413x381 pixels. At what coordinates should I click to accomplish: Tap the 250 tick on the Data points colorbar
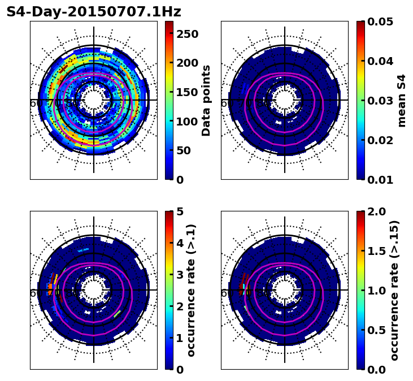(x=186, y=34)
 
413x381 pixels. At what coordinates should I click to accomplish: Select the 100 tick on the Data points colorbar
(x=186, y=122)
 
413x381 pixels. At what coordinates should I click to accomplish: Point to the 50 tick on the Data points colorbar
(x=183, y=150)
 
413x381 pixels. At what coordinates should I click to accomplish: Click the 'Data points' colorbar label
(x=206, y=100)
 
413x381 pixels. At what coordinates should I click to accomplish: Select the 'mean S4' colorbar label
(x=402, y=100)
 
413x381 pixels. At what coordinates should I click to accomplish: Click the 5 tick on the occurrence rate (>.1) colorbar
(x=180, y=211)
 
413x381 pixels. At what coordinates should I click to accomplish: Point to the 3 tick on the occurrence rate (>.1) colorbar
(x=180, y=275)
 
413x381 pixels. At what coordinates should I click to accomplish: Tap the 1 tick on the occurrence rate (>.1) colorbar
(x=180, y=338)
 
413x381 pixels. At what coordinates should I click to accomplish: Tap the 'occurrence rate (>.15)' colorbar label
(x=394, y=290)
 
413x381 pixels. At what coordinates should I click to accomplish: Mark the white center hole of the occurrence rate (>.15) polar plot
(x=285, y=290)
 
